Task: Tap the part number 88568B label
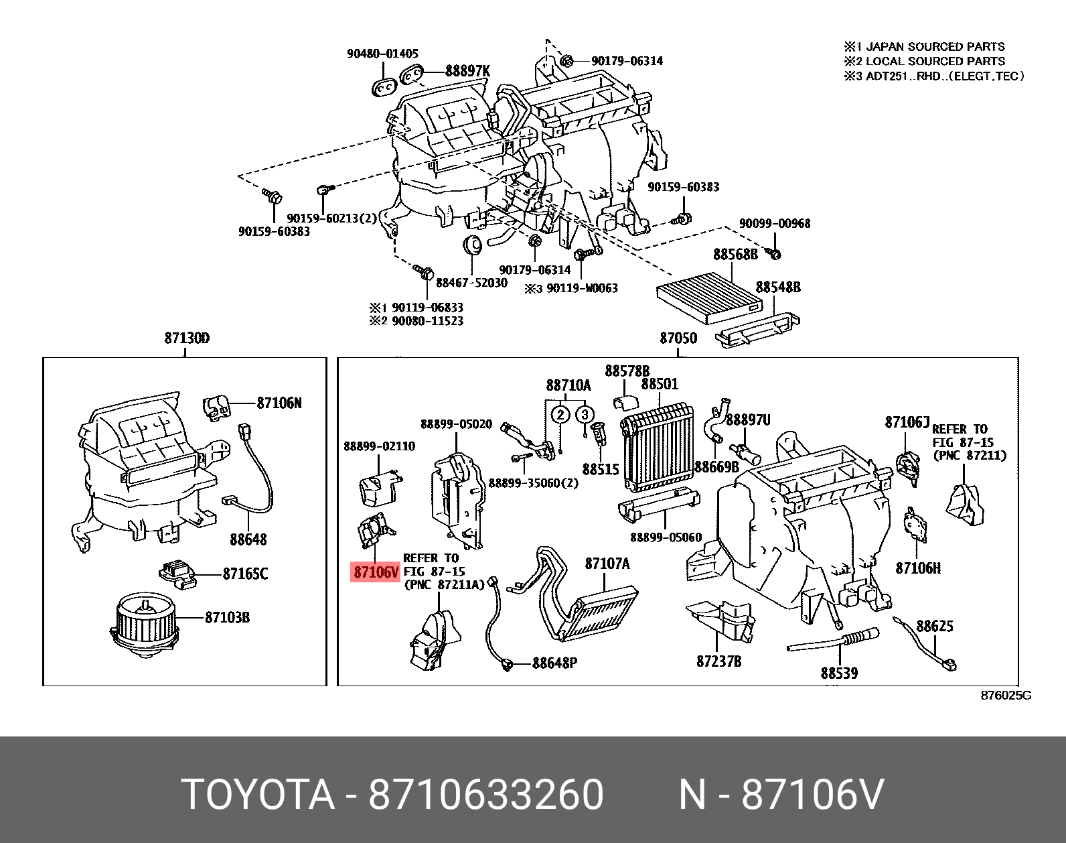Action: pyautogui.click(x=735, y=254)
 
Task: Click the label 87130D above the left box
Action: pyautogui.click(x=187, y=338)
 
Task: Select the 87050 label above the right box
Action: pyautogui.click(x=678, y=338)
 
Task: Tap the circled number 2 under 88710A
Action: pyautogui.click(x=560, y=414)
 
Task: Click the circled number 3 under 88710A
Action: pyautogui.click(x=585, y=414)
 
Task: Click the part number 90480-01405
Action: pyautogui.click(x=382, y=54)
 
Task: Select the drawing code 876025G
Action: pyautogui.click(x=1006, y=696)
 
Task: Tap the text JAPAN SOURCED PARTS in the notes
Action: pyautogui.click(x=935, y=47)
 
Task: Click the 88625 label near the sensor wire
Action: pyautogui.click(x=934, y=626)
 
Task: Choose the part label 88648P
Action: pyautogui.click(x=554, y=663)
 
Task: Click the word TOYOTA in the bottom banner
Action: pyautogui.click(x=258, y=795)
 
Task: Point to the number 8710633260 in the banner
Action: pyautogui.click(x=486, y=795)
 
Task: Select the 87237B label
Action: pyautogui.click(x=718, y=661)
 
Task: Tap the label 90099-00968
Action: pyautogui.click(x=774, y=223)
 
